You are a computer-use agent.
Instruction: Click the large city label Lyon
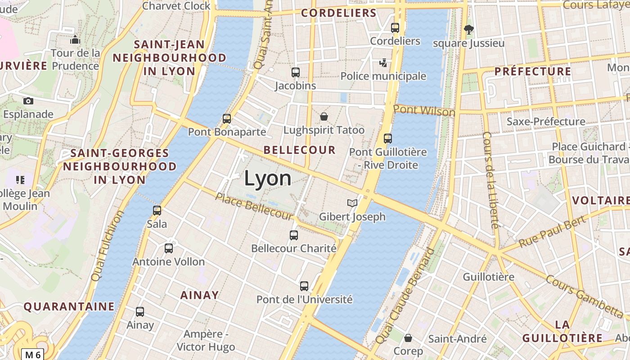pos(268,179)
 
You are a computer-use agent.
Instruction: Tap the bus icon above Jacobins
pos(296,72)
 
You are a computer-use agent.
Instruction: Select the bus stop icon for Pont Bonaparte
pos(227,119)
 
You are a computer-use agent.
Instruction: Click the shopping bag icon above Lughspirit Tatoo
pos(324,117)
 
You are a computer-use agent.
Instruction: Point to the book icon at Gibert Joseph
pos(352,203)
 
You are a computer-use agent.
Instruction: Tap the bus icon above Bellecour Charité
pos(294,235)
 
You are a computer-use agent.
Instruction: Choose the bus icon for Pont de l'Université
pos(304,286)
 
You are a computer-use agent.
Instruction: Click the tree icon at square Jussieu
pos(469,30)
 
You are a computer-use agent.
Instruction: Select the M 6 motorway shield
pos(32,355)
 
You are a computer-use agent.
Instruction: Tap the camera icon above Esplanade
pos(28,101)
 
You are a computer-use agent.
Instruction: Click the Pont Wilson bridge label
pos(424,110)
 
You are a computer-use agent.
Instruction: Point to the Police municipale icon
pos(383,63)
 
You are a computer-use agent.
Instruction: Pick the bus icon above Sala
pos(157,210)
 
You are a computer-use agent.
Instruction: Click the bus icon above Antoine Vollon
pos(169,248)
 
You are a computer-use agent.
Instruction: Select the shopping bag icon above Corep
pos(408,337)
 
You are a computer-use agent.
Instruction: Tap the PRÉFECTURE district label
pos(533,72)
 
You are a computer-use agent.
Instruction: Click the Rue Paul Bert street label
pos(553,231)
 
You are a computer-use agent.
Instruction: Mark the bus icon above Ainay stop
pos(140,311)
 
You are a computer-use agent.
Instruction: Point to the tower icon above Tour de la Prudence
pos(75,40)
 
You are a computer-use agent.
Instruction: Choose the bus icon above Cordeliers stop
pos(395,27)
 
